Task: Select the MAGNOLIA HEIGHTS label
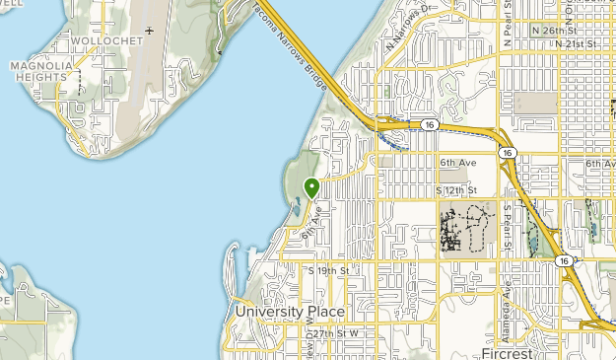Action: tap(41, 72)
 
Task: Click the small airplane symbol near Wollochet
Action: tap(150, 31)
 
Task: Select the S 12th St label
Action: tap(457, 188)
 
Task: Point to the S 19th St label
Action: tap(330, 269)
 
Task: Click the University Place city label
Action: tap(290, 312)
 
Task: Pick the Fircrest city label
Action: tap(507, 352)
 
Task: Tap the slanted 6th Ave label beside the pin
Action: tap(312, 224)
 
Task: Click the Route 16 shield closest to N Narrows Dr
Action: tap(429, 124)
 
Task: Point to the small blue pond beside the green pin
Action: tap(296, 208)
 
